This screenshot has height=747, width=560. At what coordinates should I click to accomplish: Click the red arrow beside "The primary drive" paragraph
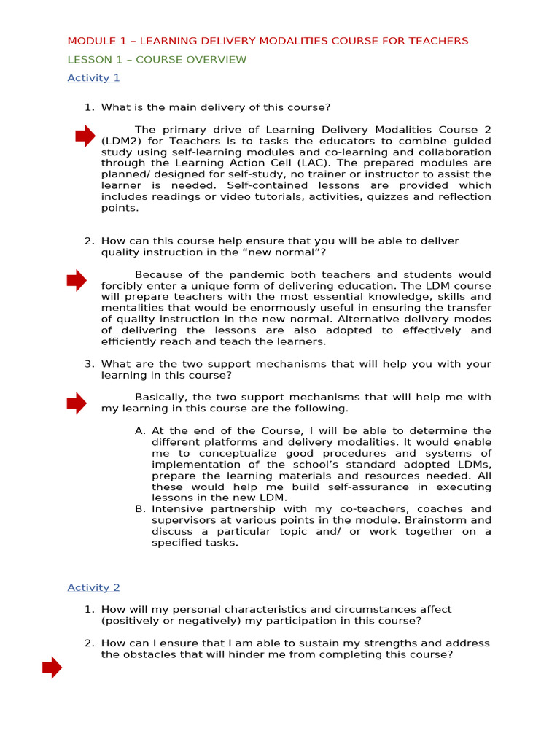coord(85,136)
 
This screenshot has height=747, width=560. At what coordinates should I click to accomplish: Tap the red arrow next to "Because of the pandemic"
coord(77,280)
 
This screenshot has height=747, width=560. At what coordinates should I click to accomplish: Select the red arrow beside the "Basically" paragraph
coord(77,403)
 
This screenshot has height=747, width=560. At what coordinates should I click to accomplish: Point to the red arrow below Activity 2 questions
coord(52,667)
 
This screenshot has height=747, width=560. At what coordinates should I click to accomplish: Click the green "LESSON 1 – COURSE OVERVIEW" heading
coord(157,60)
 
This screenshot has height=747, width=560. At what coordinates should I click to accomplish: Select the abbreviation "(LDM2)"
coord(121,141)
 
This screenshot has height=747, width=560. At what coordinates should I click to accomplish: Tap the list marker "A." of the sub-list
coord(141,431)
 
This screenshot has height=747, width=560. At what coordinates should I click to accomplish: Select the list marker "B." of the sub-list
coord(141,509)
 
